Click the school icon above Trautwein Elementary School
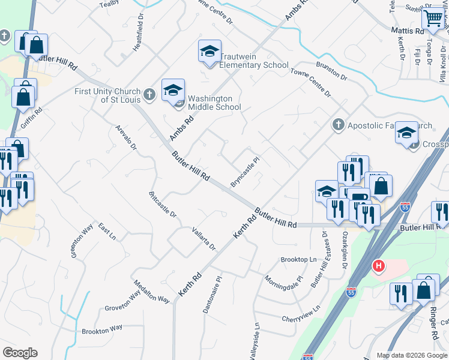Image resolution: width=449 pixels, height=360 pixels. [209, 52]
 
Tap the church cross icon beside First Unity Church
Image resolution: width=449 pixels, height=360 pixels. [149, 94]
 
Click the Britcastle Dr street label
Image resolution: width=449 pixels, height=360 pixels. [162, 205]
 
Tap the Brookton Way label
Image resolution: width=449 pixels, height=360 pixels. [102, 329]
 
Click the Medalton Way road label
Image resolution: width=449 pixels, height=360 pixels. [151, 291]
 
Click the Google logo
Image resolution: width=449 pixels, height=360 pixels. [20, 353]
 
